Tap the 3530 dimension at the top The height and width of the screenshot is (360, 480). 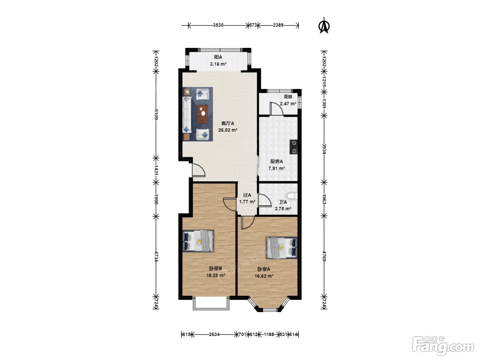coord(218,25)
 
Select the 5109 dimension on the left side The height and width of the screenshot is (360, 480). coord(156,114)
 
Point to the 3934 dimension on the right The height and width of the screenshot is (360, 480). coord(324,149)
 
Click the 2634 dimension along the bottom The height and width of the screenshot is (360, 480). coord(214,334)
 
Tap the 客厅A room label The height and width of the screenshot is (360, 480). coord(228,123)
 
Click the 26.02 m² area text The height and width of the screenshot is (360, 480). coord(228,130)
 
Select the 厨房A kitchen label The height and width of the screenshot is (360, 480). coord(276,161)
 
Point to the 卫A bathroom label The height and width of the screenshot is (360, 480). coord(283,202)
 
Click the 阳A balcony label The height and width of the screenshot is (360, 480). coord(218,57)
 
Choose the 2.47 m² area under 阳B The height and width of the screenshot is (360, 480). coord(288,104)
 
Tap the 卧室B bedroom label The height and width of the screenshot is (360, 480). coord(216,268)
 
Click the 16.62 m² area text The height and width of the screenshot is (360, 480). coord(264,276)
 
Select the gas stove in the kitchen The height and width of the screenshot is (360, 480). coord(293,147)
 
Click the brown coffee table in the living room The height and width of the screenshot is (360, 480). coord(50,114)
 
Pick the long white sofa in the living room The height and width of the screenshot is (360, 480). coord(187,115)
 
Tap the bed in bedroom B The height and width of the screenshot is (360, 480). coord(198,241)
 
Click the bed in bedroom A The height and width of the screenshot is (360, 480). coord(282,248)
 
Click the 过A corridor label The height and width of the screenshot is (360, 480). coord(247,195)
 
